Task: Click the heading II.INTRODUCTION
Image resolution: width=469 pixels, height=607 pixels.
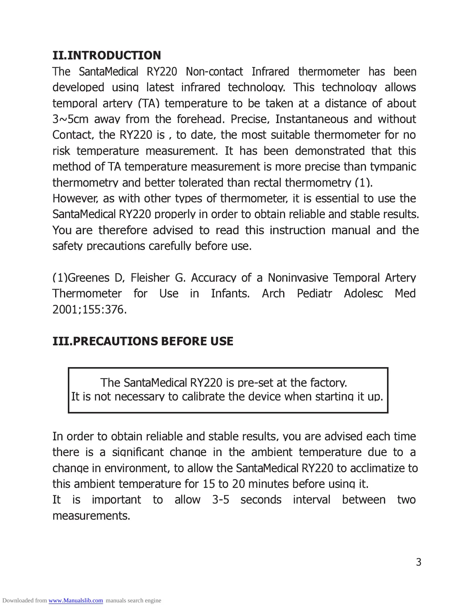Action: [107, 56]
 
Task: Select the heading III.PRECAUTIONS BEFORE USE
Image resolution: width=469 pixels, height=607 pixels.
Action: [143, 341]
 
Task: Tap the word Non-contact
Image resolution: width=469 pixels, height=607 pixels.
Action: [214, 72]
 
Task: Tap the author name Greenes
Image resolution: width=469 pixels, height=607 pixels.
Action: [86, 277]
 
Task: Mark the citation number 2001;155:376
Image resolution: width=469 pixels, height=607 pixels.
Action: [89, 310]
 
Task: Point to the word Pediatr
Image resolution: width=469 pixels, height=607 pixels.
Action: [314, 294]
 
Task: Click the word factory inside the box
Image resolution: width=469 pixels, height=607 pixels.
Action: [328, 382]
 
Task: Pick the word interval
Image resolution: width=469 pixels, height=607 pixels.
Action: [311, 500]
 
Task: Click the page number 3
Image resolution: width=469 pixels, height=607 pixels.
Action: [418, 562]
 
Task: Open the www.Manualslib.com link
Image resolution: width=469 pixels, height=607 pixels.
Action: [75, 600]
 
